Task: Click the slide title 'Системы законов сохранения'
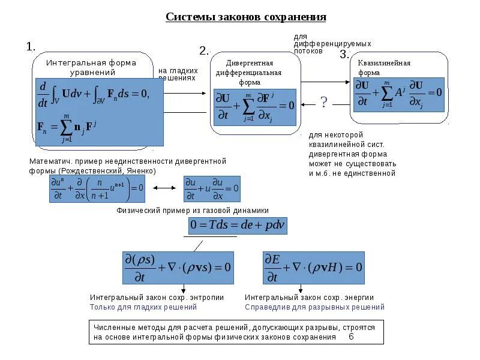coord(246,17)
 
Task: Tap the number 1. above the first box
coord(31,46)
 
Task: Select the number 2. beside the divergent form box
coord(204,51)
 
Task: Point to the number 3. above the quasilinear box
coord(344,55)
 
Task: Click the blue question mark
coord(324,102)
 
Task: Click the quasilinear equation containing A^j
coord(398,94)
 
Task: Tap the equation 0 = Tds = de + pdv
coord(238,225)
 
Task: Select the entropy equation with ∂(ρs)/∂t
coord(178,267)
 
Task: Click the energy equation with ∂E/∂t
coord(313,267)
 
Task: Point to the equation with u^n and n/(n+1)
coord(97,188)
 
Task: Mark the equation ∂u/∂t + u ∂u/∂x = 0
coord(212,188)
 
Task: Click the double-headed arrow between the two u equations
coord(163,188)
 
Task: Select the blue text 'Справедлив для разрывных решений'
coord(314,307)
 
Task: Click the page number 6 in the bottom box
coord(351,337)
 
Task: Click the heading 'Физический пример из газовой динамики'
coord(192,210)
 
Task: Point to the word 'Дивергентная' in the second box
coord(250,63)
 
